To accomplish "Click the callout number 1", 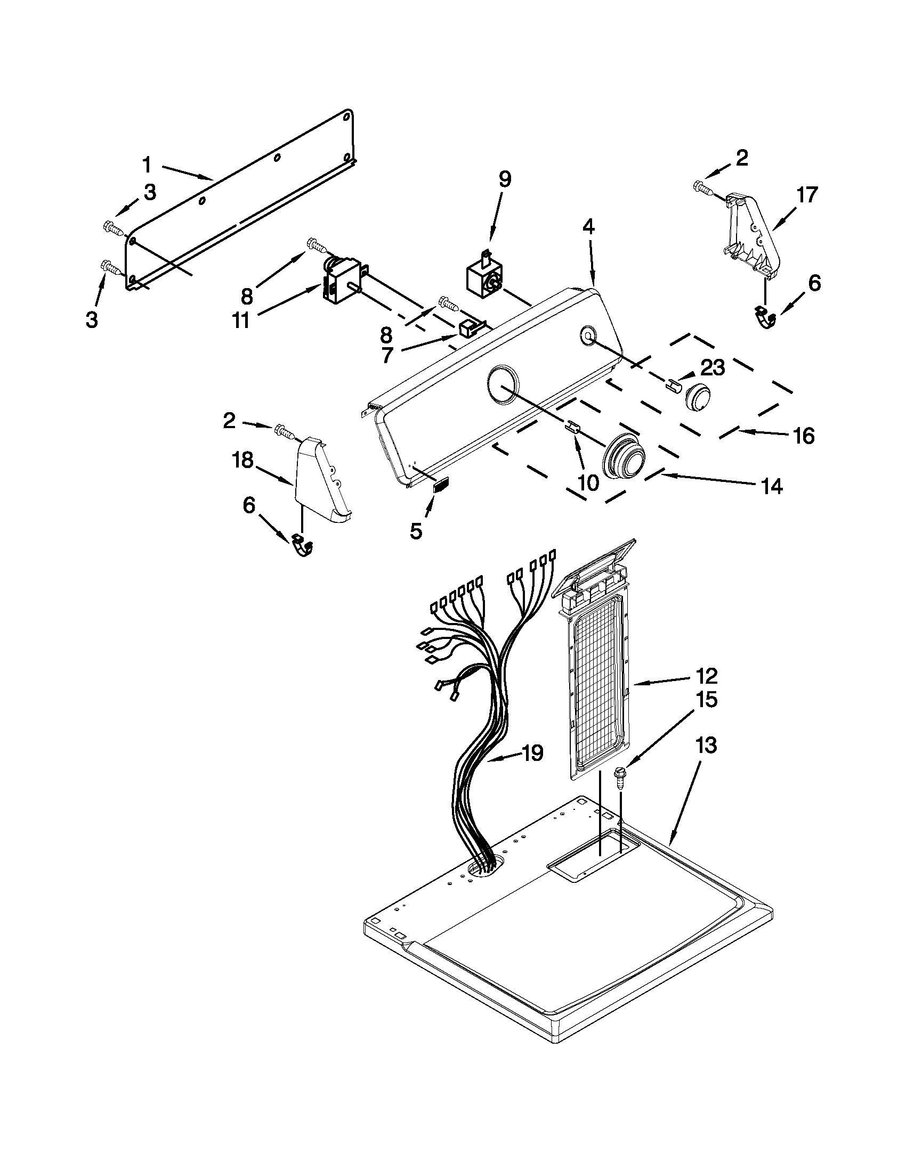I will pos(147,165).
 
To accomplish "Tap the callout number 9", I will pos(504,179).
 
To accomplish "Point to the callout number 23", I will pos(712,367).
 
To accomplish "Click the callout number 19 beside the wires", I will pos(533,753).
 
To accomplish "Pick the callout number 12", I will pos(706,676).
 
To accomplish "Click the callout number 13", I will pos(706,745).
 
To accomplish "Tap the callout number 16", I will pos(804,436).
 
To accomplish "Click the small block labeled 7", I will pos(470,328).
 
